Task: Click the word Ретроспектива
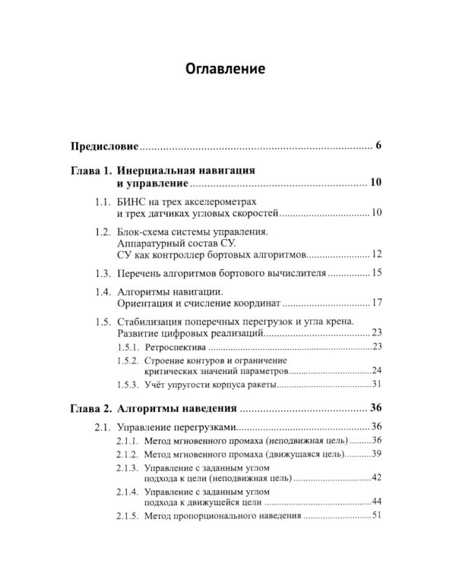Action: coord(172,346)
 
